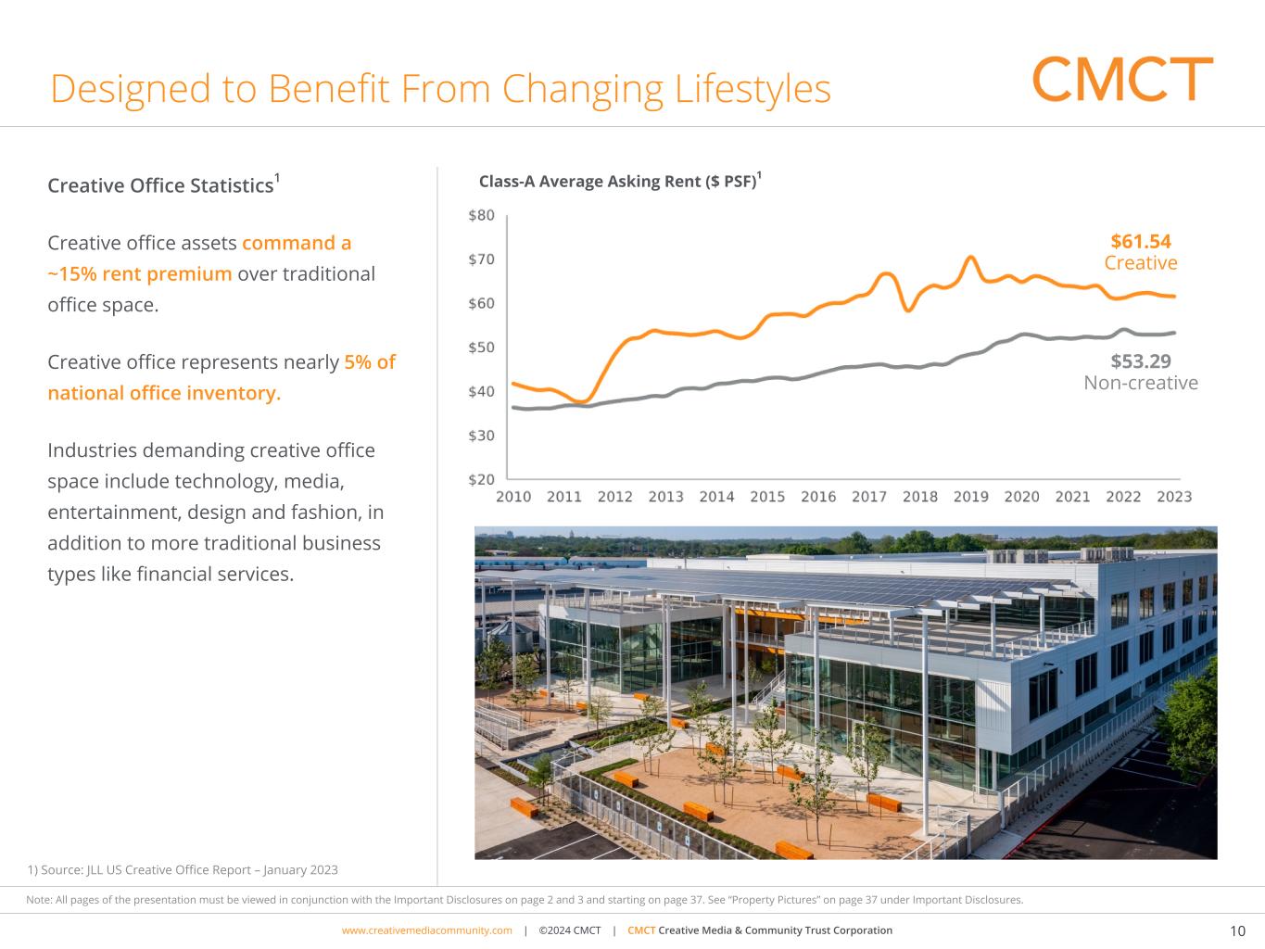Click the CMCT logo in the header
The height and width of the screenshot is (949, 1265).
(x=1122, y=80)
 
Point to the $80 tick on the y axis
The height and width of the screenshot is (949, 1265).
(x=482, y=216)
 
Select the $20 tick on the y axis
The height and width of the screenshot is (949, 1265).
(x=482, y=480)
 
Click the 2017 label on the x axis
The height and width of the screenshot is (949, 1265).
(x=869, y=497)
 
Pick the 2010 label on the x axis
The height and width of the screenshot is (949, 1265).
(x=513, y=497)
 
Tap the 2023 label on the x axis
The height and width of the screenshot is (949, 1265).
(x=1174, y=497)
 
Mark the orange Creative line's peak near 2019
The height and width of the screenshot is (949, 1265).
(x=970, y=258)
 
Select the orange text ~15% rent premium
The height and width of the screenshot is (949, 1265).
(x=139, y=274)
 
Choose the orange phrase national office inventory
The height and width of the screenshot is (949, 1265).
(x=164, y=393)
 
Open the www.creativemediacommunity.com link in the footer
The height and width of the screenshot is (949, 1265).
(x=426, y=930)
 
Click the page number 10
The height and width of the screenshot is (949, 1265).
(x=1237, y=931)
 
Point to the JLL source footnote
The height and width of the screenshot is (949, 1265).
(x=183, y=870)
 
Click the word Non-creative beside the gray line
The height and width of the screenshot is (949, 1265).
(x=1141, y=383)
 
